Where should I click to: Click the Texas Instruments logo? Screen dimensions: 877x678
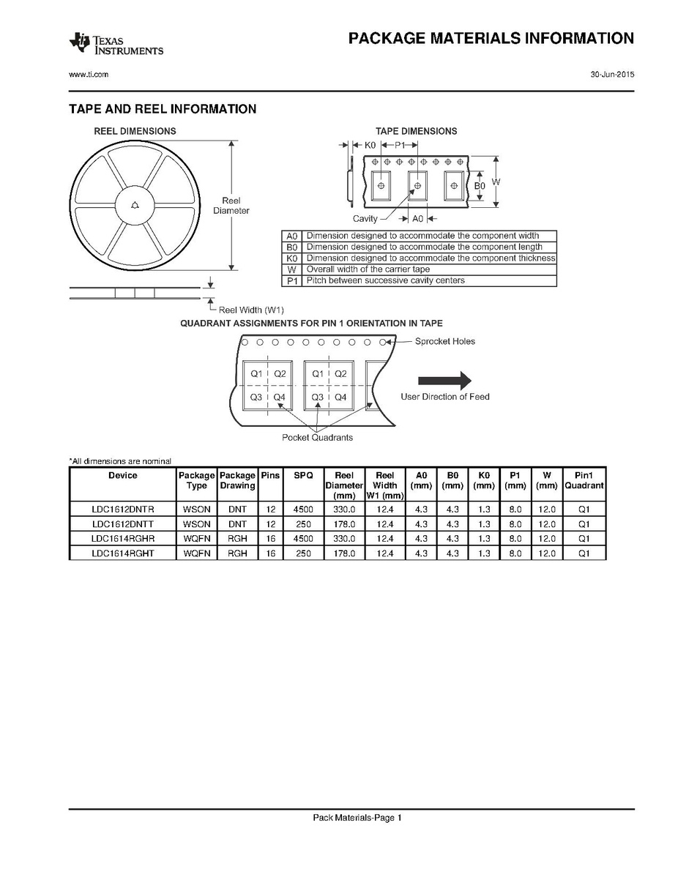(x=116, y=44)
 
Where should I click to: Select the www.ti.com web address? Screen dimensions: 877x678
(x=89, y=75)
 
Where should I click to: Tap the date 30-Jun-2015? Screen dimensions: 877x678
(x=612, y=75)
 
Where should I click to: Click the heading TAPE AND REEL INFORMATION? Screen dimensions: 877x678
(x=163, y=109)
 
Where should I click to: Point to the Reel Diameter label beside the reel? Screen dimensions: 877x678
(x=231, y=206)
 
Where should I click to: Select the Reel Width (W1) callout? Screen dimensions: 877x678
(x=251, y=310)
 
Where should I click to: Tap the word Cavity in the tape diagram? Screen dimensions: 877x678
(x=365, y=219)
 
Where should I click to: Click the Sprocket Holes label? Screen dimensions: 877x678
(x=444, y=341)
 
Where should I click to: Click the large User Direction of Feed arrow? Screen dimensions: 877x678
(x=444, y=379)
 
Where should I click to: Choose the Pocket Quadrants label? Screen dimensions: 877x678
(x=317, y=437)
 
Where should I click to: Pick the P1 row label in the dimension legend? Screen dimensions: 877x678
(x=292, y=280)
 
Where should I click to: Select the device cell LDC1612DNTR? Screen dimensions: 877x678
(x=123, y=510)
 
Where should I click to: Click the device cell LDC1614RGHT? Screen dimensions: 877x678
(x=123, y=553)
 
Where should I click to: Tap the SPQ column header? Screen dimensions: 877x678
(x=303, y=475)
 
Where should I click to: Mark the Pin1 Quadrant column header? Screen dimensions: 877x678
(x=584, y=480)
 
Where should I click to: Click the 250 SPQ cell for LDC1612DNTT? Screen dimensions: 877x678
(x=303, y=524)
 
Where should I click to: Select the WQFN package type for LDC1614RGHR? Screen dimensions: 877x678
(x=196, y=539)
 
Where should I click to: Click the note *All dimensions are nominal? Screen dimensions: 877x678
(x=120, y=461)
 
